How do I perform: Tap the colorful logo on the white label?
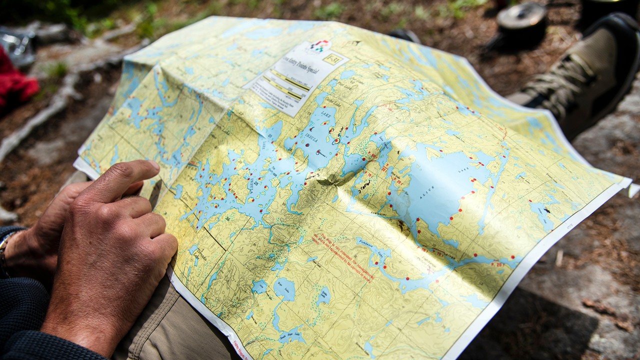[319, 46]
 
